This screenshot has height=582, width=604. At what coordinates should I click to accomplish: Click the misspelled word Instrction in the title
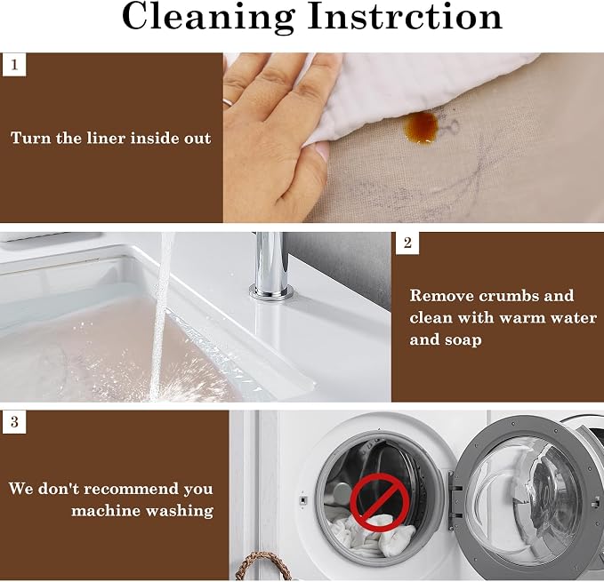click(406, 16)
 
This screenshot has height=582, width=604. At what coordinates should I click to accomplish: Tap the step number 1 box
click(14, 65)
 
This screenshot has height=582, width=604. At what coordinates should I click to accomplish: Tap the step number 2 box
click(407, 243)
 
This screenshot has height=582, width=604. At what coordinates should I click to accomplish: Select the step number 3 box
click(14, 421)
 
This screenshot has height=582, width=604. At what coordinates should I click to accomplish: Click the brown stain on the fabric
click(422, 127)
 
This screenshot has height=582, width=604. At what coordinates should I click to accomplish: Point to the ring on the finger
click(227, 102)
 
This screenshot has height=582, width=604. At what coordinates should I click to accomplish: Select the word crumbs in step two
click(509, 296)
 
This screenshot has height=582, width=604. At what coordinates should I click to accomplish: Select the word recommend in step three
click(131, 489)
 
